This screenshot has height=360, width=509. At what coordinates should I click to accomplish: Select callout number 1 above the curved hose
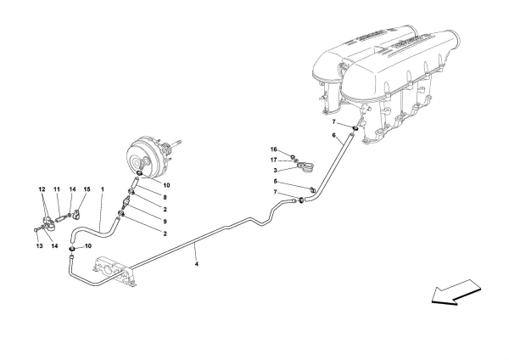[x=102, y=189]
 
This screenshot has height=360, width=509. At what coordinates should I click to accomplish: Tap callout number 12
[x=40, y=189]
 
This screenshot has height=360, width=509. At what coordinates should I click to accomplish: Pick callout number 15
[x=85, y=189]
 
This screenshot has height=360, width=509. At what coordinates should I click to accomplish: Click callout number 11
[x=57, y=189]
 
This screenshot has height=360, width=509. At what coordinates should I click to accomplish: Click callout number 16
[x=274, y=149]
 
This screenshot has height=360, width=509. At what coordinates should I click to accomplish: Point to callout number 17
[x=274, y=160]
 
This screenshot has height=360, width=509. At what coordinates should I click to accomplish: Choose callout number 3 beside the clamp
[x=274, y=171]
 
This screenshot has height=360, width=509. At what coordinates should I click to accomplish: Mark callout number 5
[x=274, y=182]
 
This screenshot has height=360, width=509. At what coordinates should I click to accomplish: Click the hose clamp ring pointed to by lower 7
[x=302, y=200]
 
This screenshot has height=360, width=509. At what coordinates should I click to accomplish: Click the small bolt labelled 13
[x=36, y=229]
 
